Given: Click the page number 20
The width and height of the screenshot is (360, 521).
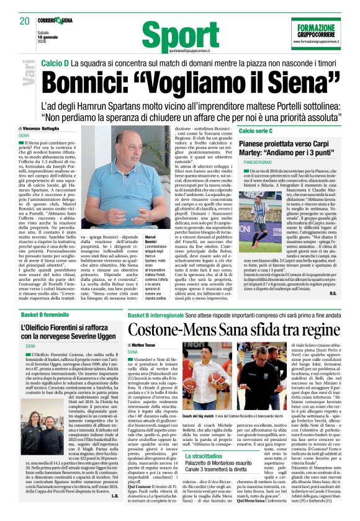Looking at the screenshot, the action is tap(25, 21).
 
